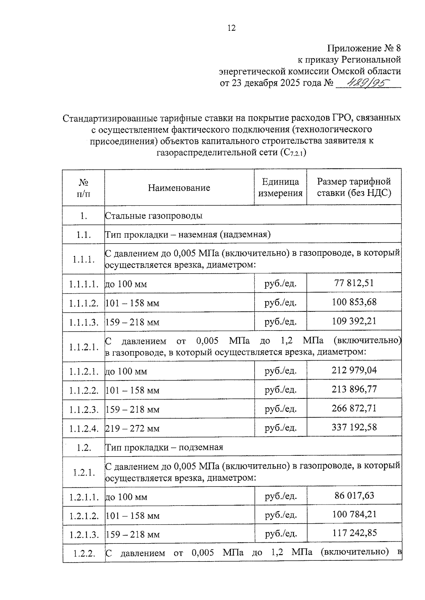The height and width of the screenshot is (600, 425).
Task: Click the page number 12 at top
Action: [231, 28]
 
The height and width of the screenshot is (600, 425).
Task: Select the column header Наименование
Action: [179, 188]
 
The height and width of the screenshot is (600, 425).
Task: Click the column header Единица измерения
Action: [280, 187]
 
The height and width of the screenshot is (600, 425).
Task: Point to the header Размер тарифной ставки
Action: [354, 187]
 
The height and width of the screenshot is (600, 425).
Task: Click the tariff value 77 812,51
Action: [354, 283]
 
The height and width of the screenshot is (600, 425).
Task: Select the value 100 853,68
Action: [354, 302]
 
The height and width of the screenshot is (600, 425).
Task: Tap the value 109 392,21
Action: [354, 321]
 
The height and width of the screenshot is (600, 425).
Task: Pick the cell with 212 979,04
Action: [354, 370]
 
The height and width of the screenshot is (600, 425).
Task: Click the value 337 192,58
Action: [354, 427]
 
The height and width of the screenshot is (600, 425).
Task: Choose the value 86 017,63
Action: [354, 495]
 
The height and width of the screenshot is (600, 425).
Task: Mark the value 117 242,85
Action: [354, 533]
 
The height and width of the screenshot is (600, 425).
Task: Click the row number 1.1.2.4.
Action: [84, 429]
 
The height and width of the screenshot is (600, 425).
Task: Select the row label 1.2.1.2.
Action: [84, 516]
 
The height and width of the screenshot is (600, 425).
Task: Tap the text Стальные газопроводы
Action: [154, 216]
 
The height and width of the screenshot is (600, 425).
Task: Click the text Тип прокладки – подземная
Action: [164, 447]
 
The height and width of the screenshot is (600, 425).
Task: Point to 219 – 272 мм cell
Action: [132, 429]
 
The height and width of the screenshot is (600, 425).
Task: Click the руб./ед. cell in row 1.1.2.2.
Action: [280, 390]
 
